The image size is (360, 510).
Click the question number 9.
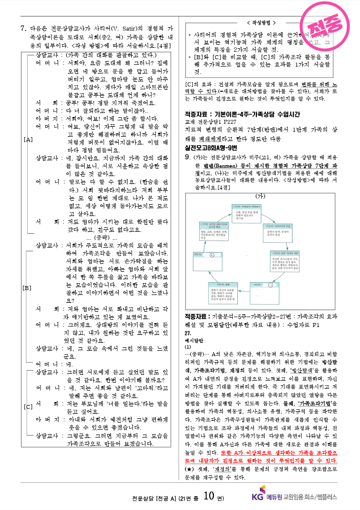(x=187, y=157)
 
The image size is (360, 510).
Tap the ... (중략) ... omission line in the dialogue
(x=98, y=238)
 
